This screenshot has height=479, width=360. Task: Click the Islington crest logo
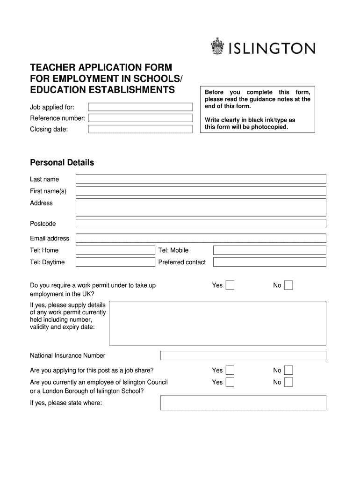pyautogui.click(x=218, y=47)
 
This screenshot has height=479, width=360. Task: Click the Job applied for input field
pyautogui.click(x=140, y=107)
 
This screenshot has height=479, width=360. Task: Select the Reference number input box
pyautogui.click(x=140, y=118)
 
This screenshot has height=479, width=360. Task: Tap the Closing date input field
pyautogui.click(x=140, y=129)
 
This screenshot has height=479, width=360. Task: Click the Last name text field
pyautogui.click(x=201, y=179)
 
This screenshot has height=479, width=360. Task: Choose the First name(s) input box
pyautogui.click(x=201, y=191)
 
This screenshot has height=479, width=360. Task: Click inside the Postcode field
pyautogui.click(x=201, y=224)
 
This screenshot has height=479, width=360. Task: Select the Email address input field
pyautogui.click(x=201, y=238)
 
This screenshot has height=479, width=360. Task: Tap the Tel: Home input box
pyautogui.click(x=115, y=250)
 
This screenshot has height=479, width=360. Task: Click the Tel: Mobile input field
pyautogui.click(x=269, y=250)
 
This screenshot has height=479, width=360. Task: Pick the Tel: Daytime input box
pyautogui.click(x=115, y=262)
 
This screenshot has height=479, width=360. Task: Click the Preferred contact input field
pyautogui.click(x=269, y=262)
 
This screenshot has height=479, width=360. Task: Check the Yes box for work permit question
pyautogui.click(x=230, y=285)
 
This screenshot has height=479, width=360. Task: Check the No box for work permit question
pyautogui.click(x=288, y=285)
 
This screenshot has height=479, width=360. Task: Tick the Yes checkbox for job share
pyautogui.click(x=230, y=370)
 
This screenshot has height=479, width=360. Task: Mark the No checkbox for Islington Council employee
pyautogui.click(x=288, y=382)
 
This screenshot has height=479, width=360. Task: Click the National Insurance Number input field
pyautogui.click(x=243, y=356)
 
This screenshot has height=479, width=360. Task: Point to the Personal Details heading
pyautogui.click(x=62, y=163)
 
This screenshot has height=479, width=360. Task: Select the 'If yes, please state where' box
pyautogui.click(x=243, y=403)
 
